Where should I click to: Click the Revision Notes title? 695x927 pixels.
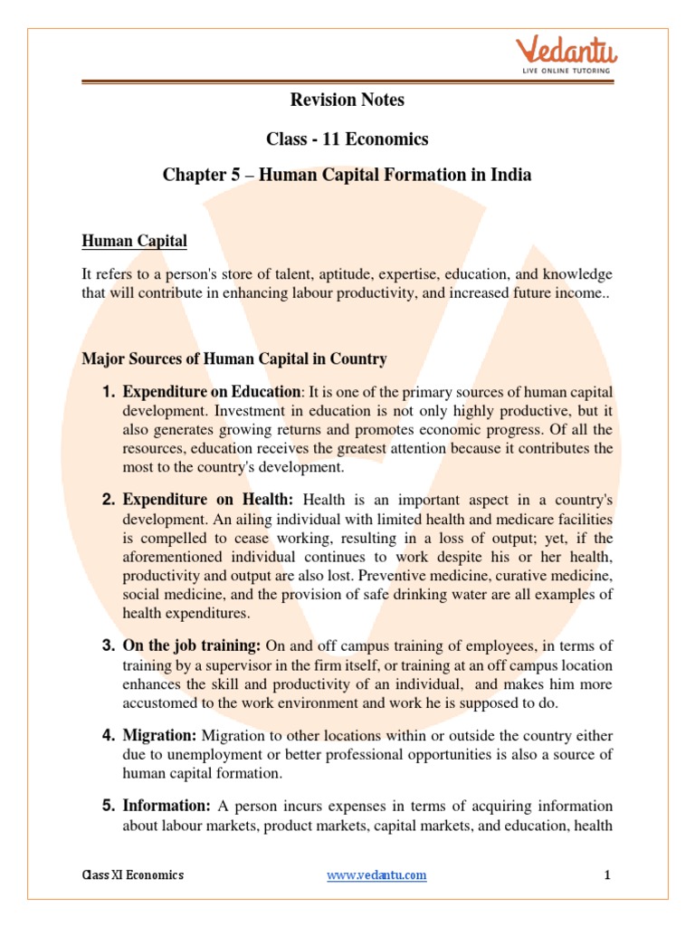(x=347, y=100)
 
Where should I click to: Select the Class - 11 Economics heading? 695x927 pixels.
(x=347, y=139)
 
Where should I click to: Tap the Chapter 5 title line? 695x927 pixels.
(x=347, y=175)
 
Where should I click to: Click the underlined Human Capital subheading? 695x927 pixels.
(x=135, y=241)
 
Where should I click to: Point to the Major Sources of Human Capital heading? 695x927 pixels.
(x=234, y=359)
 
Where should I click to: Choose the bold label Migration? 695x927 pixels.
(x=160, y=735)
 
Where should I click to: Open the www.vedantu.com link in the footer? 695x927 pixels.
(x=376, y=875)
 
